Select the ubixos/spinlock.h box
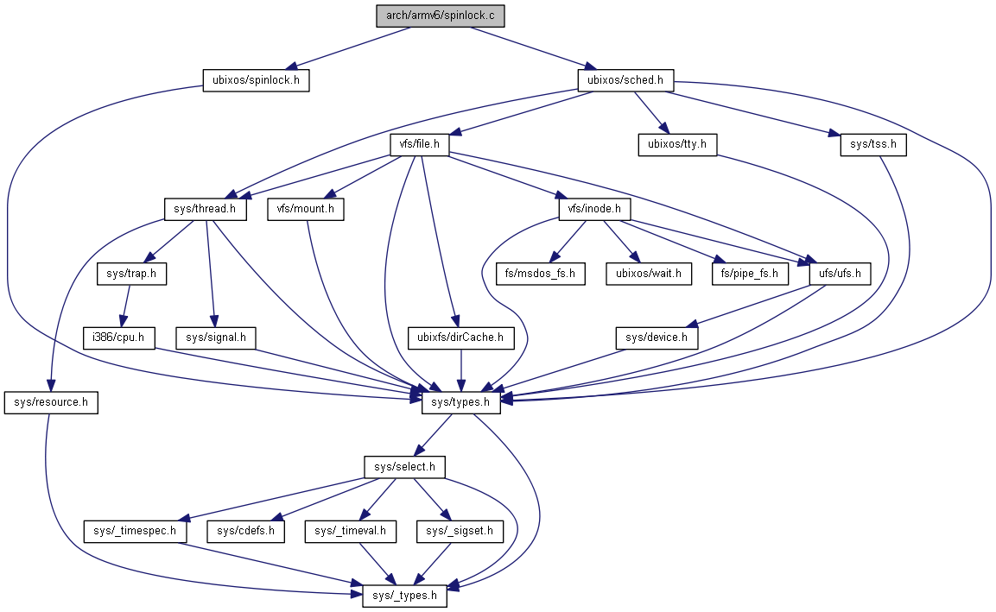256,81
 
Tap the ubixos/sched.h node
625,81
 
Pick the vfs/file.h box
421,145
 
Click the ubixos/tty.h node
677,145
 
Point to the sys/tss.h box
873,145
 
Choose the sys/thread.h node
206,210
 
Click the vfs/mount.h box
306,210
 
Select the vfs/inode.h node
593,210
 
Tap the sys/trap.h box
131,274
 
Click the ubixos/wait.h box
648,274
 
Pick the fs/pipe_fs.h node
750,274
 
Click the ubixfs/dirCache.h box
460,338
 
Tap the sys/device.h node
656,338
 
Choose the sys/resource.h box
51,403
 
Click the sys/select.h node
403,468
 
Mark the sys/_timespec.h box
135,532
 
